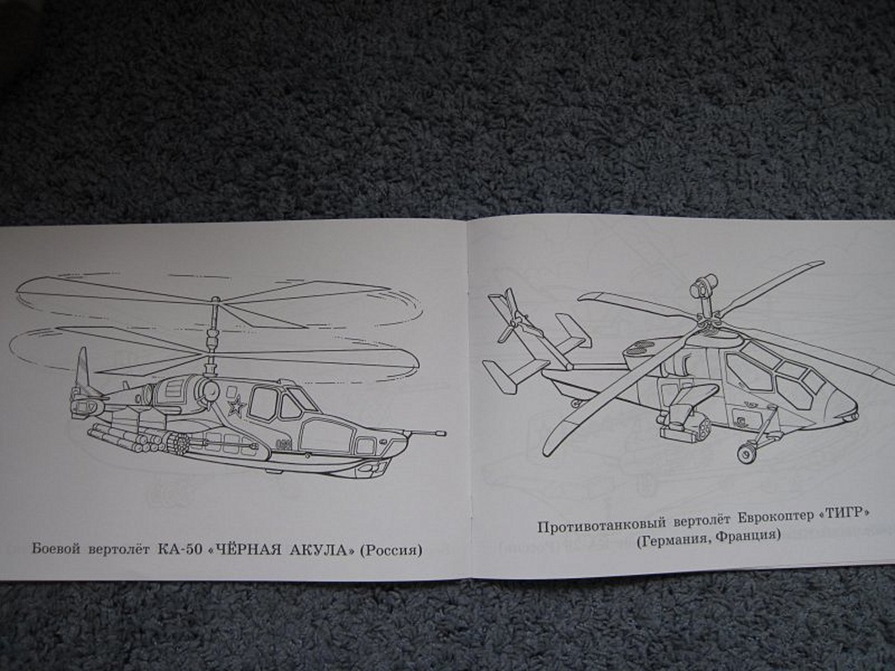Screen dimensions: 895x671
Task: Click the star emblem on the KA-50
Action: click(x=235, y=407)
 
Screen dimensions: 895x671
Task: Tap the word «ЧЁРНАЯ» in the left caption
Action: click(x=247, y=549)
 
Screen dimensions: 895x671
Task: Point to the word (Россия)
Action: click(x=392, y=550)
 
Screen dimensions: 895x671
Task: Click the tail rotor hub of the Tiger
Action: click(x=515, y=323)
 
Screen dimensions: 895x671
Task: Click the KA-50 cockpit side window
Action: click(x=263, y=403)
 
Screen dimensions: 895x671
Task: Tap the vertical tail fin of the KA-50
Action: click(x=82, y=371)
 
